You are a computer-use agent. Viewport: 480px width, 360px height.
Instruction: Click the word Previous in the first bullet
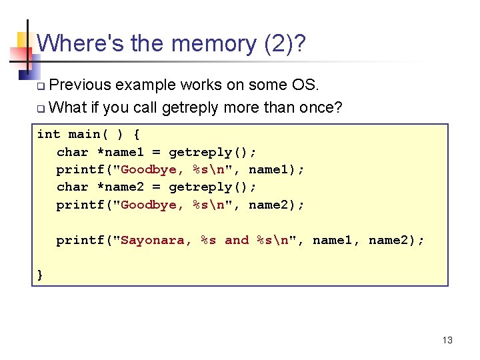tap(81, 85)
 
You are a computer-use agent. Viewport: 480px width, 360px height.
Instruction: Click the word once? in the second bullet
tap(319, 107)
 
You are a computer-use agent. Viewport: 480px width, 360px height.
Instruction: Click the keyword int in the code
tap(49, 134)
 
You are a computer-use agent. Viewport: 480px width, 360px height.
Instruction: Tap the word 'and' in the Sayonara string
tap(237, 240)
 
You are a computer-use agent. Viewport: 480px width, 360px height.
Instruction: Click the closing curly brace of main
tap(41, 274)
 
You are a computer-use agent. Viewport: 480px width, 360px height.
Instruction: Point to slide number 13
tap(447, 341)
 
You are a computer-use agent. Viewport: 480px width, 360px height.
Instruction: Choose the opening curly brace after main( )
tap(137, 134)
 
